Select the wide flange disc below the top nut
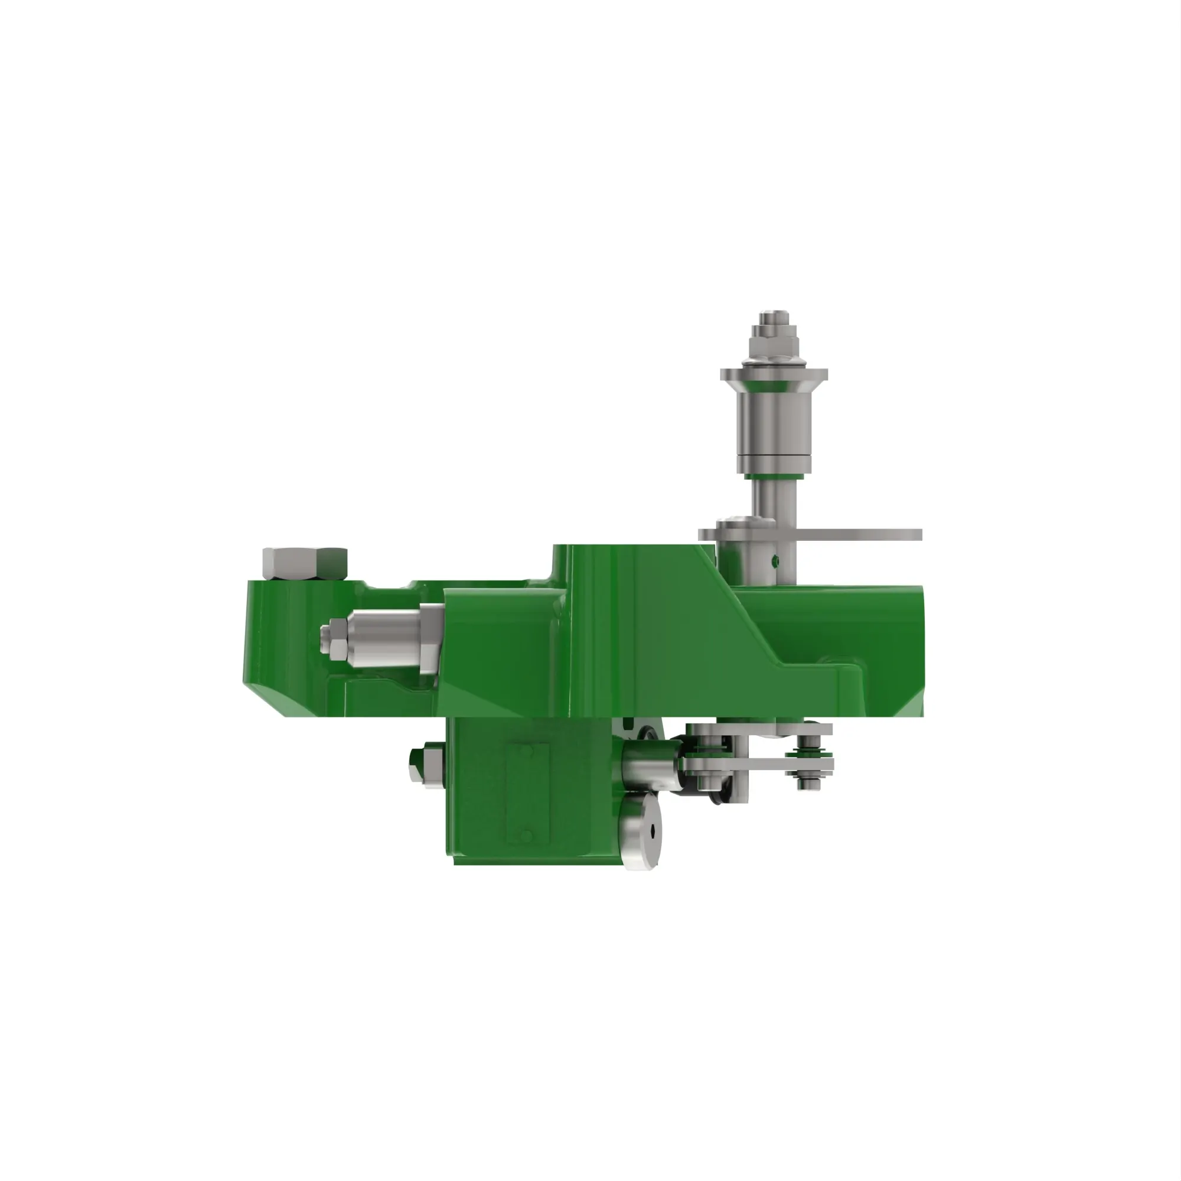[x=774, y=374]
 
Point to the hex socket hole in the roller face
[x=653, y=830]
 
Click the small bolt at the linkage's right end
[x=811, y=761]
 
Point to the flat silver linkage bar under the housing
[x=758, y=764]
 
